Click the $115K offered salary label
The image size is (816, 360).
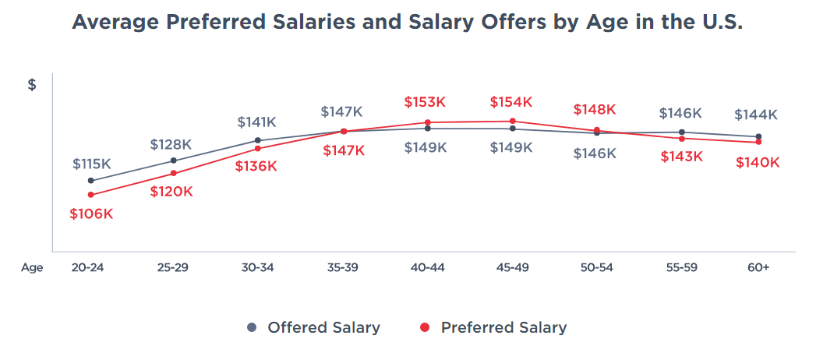[92, 164]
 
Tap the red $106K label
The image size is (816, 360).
[91, 214]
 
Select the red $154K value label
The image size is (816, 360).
[511, 102]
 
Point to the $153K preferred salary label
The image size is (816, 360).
[425, 102]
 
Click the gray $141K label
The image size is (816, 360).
[257, 122]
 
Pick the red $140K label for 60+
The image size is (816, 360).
[758, 162]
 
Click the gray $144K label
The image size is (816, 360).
[756, 115]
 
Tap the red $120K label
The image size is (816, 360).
[171, 192]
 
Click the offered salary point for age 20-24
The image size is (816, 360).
[91, 181]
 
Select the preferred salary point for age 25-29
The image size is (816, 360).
[174, 173]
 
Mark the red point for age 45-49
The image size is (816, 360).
[513, 121]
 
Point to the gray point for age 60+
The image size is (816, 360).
[758, 136]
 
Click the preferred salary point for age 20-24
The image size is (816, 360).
[91, 195]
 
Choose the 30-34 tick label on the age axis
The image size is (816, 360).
[258, 267]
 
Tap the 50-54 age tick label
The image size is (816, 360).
[596, 267]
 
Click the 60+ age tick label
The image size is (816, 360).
[758, 267]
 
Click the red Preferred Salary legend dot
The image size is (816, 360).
[425, 327]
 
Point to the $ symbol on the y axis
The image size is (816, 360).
[32, 85]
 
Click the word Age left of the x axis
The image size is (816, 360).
[32, 267]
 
